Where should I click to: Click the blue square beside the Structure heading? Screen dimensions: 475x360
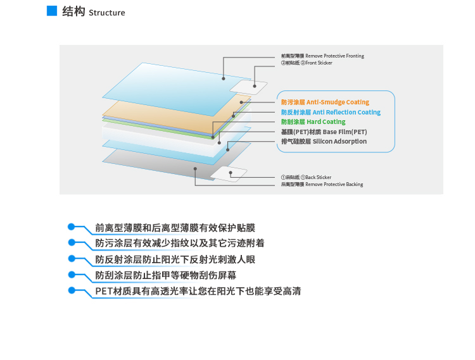coord(52,11)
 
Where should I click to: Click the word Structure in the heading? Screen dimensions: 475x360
coord(107,13)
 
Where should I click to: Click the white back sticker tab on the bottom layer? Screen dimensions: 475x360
coord(228,173)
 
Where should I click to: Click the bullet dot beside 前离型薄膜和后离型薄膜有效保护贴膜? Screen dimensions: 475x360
coord(72,227)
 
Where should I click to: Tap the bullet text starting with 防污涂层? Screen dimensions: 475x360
coord(180,243)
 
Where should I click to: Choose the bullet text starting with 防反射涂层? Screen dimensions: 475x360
coord(184,259)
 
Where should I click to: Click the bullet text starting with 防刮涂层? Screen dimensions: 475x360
coord(175,276)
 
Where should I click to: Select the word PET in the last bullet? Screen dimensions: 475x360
coord(104,292)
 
